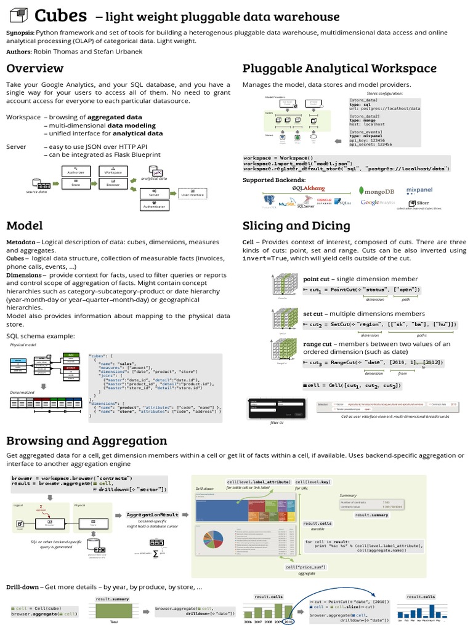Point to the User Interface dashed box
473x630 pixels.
click(x=192, y=194)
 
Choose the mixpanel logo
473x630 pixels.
click(x=424, y=190)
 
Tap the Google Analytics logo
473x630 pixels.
click(x=378, y=202)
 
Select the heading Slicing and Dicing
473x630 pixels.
click(x=296, y=225)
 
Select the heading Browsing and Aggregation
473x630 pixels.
click(x=86, y=441)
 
